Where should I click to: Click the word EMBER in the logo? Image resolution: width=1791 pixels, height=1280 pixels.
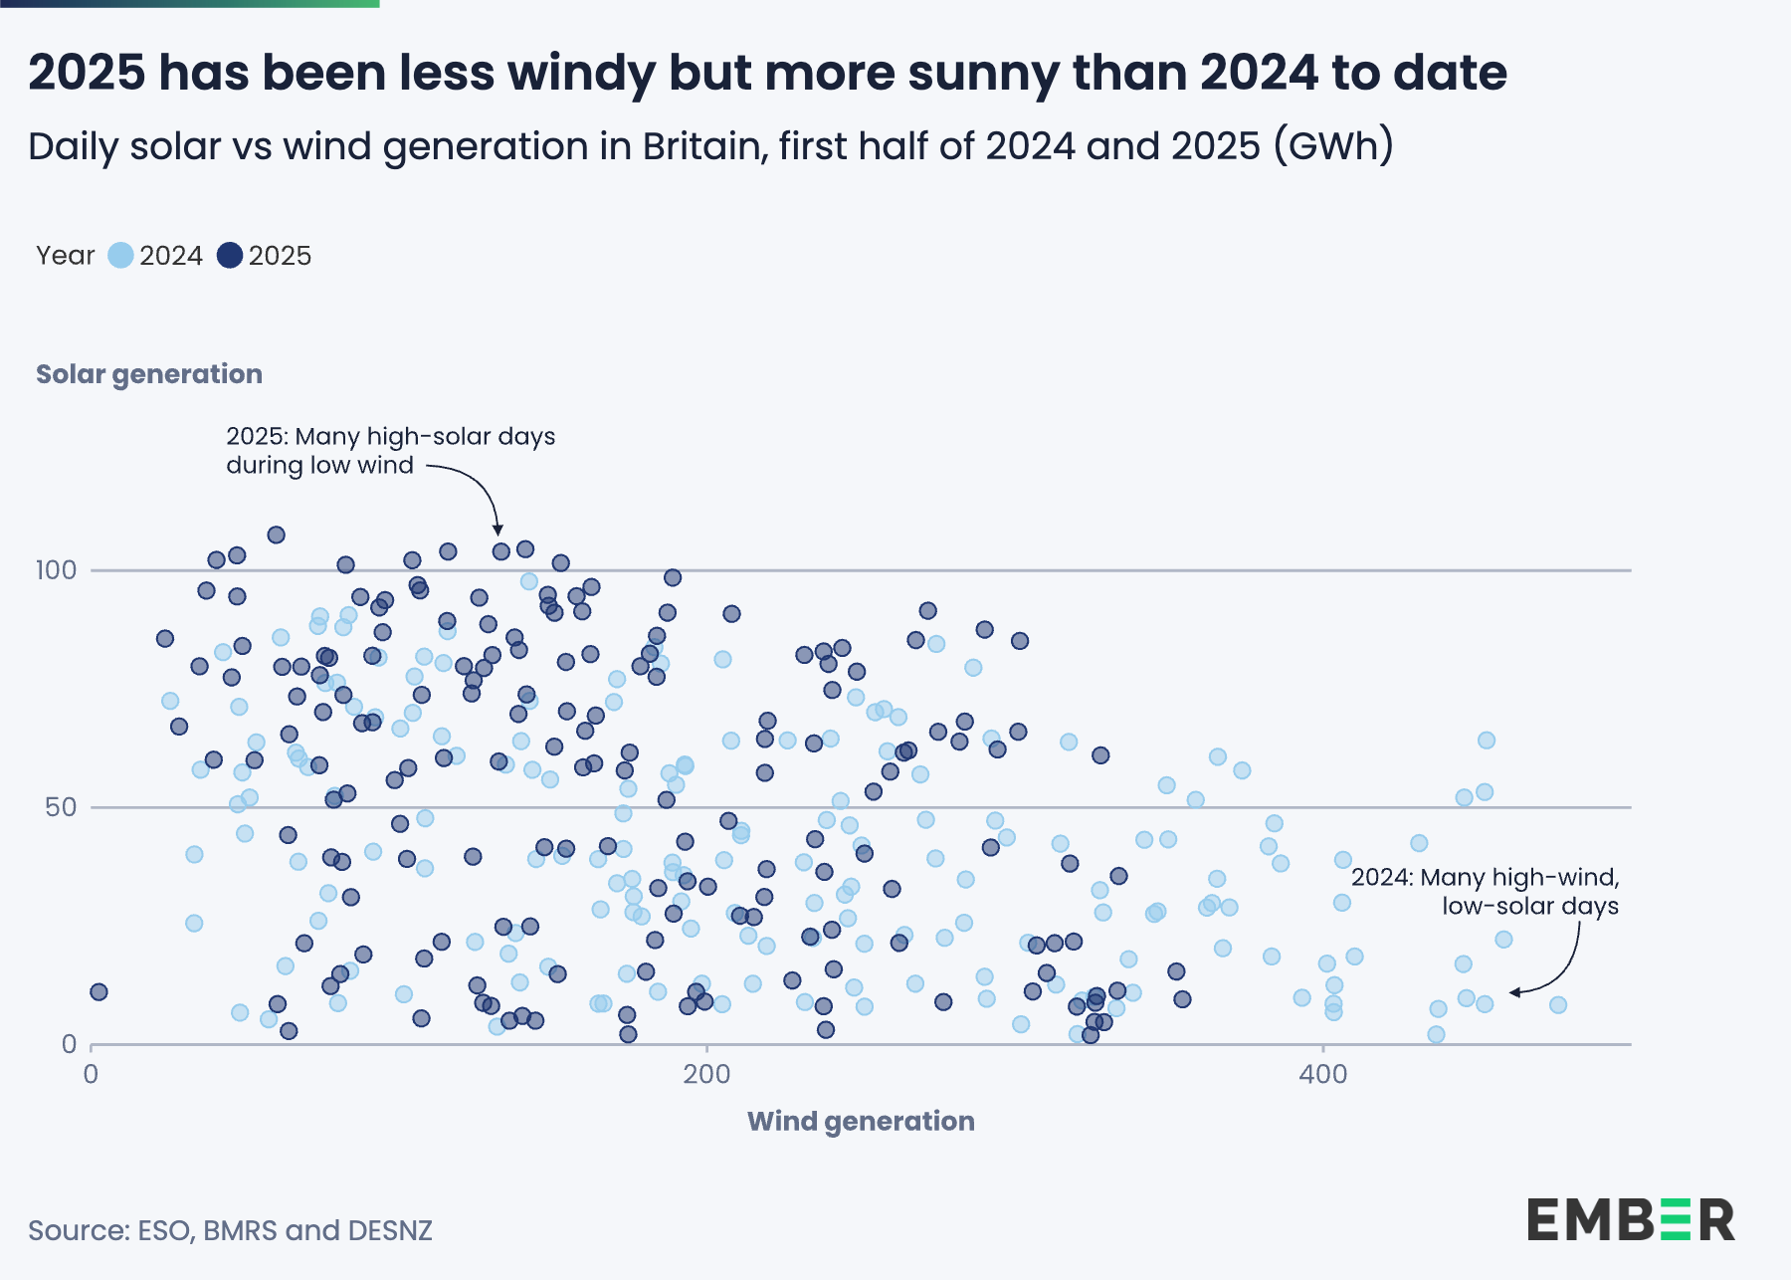[1630, 1220]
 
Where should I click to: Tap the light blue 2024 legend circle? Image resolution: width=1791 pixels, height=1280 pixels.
[120, 256]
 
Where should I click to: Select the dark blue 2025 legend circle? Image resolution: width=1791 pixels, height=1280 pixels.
[230, 256]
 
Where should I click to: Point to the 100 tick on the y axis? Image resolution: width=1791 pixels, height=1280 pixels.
[56, 570]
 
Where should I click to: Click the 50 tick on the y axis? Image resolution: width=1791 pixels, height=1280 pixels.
[61, 807]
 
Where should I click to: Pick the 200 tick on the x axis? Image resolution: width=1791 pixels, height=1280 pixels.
[706, 1074]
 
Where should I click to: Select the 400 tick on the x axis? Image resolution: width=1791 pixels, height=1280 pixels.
[1322, 1074]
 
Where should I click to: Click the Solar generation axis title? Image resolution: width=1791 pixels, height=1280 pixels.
[149, 374]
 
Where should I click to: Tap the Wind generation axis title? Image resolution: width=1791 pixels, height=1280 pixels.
[861, 1121]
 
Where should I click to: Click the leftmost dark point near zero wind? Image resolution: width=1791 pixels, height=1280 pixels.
[99, 991]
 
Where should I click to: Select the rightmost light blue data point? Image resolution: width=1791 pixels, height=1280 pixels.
[1558, 1005]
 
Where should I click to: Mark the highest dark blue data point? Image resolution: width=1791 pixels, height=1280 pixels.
[276, 534]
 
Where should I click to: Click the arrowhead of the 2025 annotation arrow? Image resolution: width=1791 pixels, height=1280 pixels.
[498, 530]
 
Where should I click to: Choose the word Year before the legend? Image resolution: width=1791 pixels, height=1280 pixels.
[65, 256]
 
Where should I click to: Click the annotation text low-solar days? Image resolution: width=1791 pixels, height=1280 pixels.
[1529, 906]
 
